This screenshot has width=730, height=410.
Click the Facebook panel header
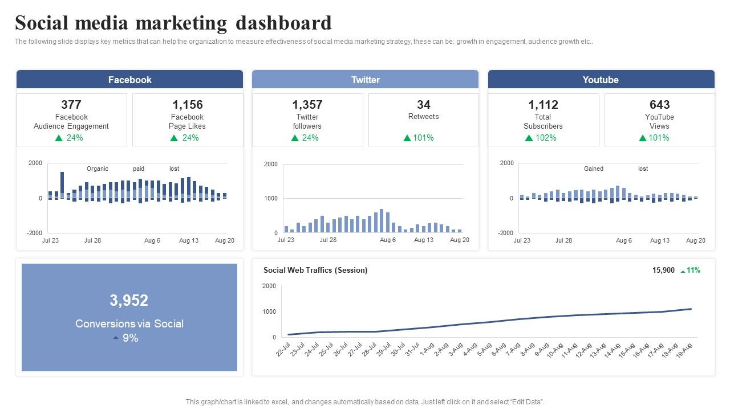[x=129, y=80]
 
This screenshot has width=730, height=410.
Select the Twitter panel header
[x=365, y=80]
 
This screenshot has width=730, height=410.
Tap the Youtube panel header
[x=601, y=80]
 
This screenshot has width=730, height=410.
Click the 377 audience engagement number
[x=71, y=105]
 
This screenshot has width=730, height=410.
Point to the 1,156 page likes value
[x=187, y=105]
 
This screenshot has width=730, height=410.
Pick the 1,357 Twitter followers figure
[x=307, y=105]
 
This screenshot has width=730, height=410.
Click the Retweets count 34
[x=423, y=105]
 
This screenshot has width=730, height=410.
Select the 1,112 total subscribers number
[x=543, y=105]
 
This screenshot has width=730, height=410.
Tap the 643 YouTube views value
[x=659, y=105]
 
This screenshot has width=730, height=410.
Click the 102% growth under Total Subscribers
[x=545, y=138]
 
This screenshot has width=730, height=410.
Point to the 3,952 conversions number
[x=129, y=300]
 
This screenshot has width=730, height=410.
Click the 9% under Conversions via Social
[x=130, y=338]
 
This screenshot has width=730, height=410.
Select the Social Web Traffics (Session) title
[x=315, y=270]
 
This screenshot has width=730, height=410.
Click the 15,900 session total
[x=663, y=270]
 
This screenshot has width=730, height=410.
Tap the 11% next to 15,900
[x=693, y=270]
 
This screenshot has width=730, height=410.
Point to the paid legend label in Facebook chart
[x=139, y=169]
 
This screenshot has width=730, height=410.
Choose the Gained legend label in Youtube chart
[x=593, y=169]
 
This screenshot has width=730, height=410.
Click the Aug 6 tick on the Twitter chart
[x=387, y=240]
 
